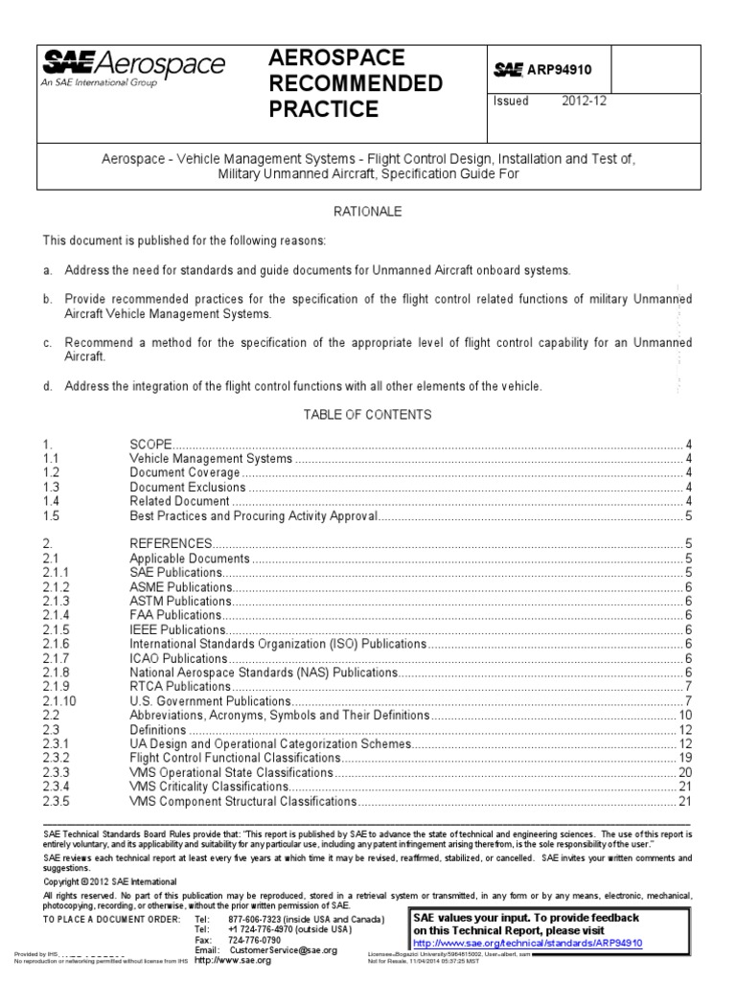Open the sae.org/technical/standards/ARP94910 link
click(x=528, y=943)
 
